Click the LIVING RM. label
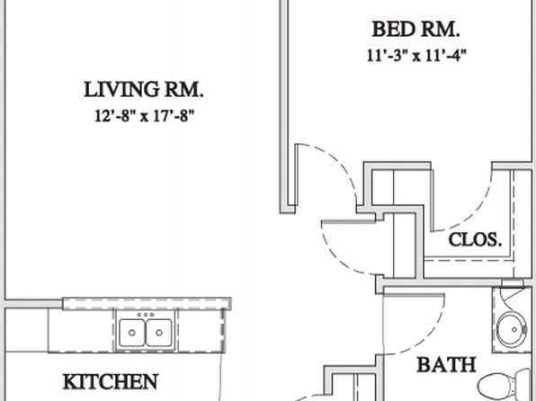click(144, 90)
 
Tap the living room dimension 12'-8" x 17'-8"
click(144, 116)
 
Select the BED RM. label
click(415, 29)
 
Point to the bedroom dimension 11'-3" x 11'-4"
click(416, 56)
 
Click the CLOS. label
click(475, 240)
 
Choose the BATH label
click(446, 365)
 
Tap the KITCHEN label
click(111, 381)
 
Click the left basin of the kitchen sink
click(132, 333)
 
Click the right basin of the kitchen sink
click(158, 333)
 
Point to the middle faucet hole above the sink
click(146, 315)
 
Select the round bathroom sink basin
click(512, 330)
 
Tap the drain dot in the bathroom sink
click(514, 330)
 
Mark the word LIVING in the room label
click(121, 90)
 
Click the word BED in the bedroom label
click(393, 29)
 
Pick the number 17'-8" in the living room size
click(174, 116)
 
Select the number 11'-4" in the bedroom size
click(446, 56)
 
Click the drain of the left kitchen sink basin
click(132, 333)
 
